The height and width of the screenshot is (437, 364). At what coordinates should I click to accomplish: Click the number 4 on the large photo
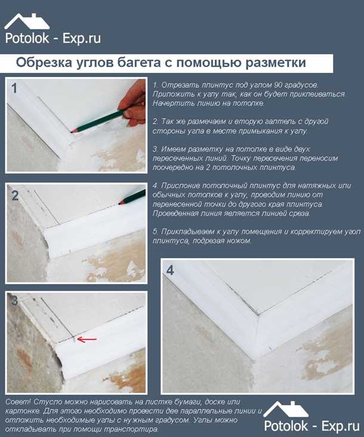[170, 270]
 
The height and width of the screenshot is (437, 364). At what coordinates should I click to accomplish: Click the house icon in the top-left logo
[27, 20]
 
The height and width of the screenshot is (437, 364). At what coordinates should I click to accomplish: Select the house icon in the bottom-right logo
[286, 408]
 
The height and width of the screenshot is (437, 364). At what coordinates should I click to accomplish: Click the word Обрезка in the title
[44, 63]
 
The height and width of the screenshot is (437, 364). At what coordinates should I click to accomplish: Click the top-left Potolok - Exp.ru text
[53, 39]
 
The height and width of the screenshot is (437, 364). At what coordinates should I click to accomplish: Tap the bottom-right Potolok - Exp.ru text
[310, 426]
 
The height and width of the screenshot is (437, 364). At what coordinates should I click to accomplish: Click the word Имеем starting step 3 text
[175, 148]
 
